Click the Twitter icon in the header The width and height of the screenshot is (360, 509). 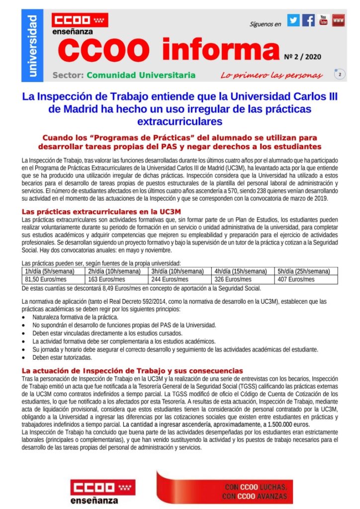pos(293,21)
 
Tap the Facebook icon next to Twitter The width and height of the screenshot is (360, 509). pos(308,21)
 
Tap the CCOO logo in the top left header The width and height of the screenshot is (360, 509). pos(80,21)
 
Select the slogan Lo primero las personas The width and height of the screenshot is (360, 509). pos(271,76)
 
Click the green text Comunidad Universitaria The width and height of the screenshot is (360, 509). pos(141,76)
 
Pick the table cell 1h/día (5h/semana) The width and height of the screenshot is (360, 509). pos(49,271)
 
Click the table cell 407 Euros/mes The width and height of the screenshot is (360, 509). pos(296,279)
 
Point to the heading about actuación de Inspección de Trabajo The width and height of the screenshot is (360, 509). pos(132,371)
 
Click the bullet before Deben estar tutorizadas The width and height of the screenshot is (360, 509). pos(26,358)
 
